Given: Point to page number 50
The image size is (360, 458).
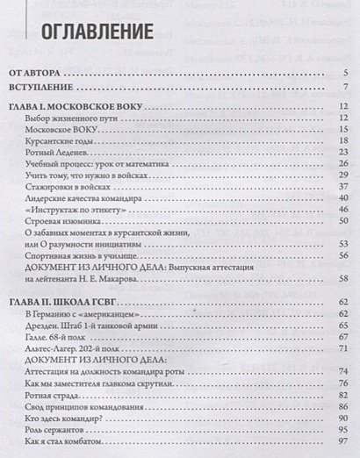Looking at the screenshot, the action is pyautogui.click(x=345, y=222).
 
